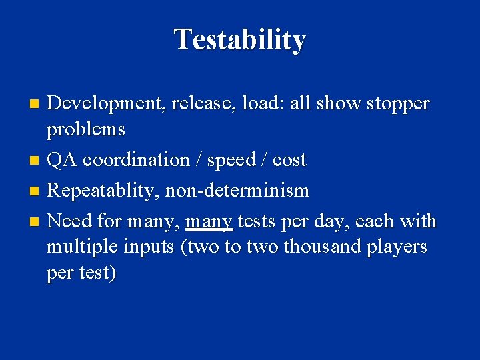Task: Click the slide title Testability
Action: [x=240, y=40]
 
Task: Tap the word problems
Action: [x=85, y=129]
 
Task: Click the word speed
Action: [x=231, y=161]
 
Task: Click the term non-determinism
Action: [x=237, y=191]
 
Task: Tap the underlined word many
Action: [x=209, y=221]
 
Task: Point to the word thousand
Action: [x=321, y=247]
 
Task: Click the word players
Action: [x=397, y=247]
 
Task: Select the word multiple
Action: [x=83, y=247]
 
